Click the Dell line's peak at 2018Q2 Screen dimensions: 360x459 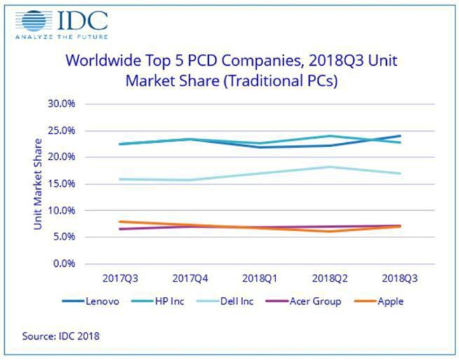click(x=330, y=167)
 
